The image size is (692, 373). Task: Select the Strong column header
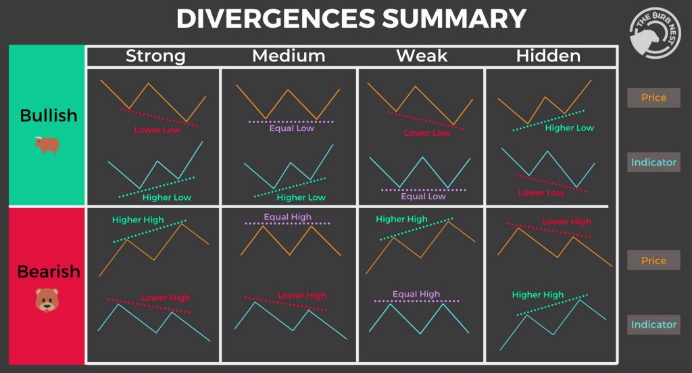(155, 56)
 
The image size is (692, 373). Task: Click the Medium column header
(289, 56)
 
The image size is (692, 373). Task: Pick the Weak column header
(422, 56)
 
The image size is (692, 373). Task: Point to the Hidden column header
(548, 56)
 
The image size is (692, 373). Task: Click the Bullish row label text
(49, 116)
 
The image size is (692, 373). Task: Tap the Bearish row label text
(49, 272)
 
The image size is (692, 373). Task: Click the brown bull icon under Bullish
(48, 145)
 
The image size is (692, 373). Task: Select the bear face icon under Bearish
(47, 300)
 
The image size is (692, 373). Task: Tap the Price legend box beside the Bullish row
(653, 98)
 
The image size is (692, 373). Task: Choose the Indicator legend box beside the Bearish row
(653, 325)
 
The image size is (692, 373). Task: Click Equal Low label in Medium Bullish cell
(291, 128)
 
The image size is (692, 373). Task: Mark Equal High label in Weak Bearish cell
(416, 295)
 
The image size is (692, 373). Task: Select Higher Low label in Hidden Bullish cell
(569, 128)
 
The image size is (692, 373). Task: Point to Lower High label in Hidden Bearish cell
(566, 222)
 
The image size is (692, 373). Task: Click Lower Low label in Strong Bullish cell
(157, 130)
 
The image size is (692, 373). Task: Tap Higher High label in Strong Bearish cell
(138, 220)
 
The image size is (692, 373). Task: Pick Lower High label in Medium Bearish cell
(301, 296)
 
